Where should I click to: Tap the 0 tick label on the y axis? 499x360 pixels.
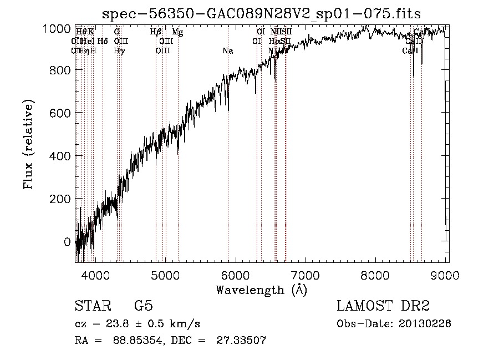pyautogui.click(x=67, y=242)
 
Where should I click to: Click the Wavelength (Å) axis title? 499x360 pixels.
pyautogui.click(x=261, y=290)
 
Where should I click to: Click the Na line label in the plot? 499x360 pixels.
pyautogui.click(x=227, y=51)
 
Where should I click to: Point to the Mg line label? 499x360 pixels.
pyautogui.click(x=177, y=32)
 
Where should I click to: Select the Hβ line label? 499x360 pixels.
pyautogui.click(x=156, y=32)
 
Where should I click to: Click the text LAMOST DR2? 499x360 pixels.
pyautogui.click(x=382, y=306)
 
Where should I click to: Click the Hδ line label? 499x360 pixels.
pyautogui.click(x=103, y=41)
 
